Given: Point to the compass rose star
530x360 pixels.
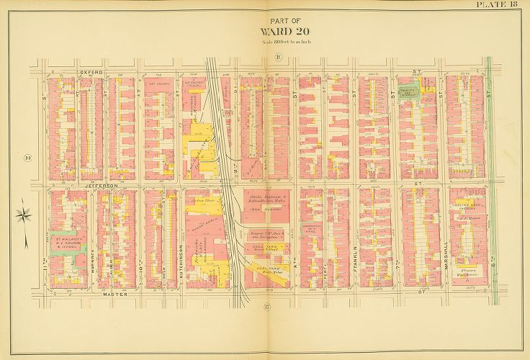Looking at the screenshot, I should point(24,215).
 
